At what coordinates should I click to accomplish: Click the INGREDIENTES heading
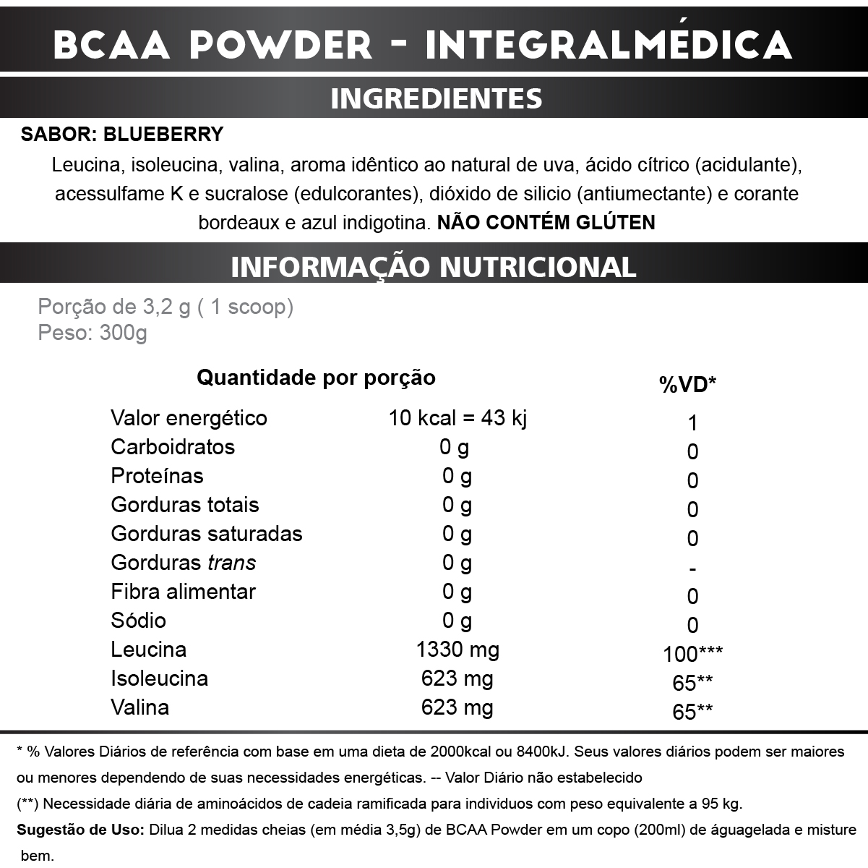point(436,98)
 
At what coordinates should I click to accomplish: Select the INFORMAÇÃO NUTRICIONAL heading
point(434,266)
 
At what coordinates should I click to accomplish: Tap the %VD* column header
point(687,385)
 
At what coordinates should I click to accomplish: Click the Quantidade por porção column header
point(316,378)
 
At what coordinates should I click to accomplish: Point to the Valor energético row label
point(189,418)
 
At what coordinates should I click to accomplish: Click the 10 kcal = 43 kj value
point(457,418)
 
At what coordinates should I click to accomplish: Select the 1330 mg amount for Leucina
point(457,650)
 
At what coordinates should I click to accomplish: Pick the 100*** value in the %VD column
point(692,654)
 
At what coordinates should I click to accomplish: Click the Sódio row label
point(138,621)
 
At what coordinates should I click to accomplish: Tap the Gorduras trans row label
point(183,563)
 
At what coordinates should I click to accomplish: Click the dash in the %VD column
point(692,569)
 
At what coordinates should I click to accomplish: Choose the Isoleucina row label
point(159,678)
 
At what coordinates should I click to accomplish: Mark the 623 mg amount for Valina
point(457,707)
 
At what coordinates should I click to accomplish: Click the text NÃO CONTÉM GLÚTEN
point(546,222)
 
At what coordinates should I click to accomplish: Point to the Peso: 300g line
point(92,333)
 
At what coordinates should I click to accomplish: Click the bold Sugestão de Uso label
point(80,830)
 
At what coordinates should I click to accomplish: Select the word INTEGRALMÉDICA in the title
point(609,45)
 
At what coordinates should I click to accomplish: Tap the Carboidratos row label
point(173,447)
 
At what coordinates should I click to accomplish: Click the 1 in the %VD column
point(692,423)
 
